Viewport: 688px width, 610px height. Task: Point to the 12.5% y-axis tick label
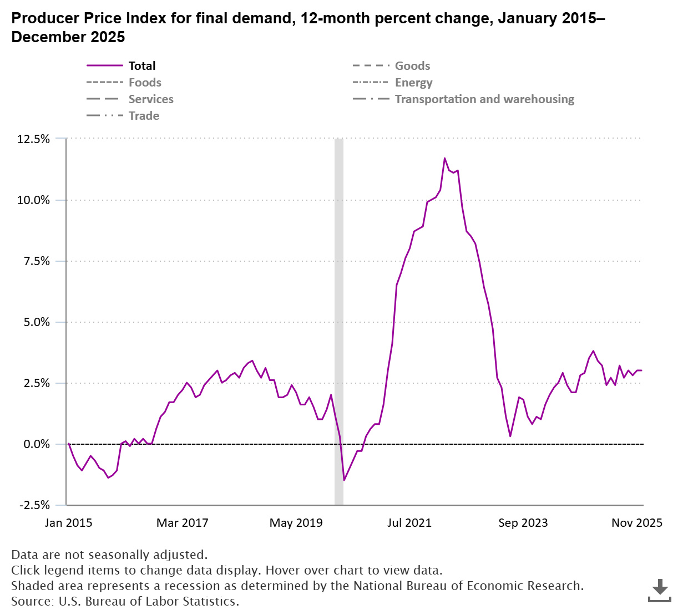pos(34,139)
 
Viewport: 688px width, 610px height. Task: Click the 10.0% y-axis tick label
pos(34,200)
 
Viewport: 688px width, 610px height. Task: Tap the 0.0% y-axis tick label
pos(37,444)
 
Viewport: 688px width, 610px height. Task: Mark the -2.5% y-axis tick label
pos(34,505)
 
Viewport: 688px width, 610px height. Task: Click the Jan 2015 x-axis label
pos(69,523)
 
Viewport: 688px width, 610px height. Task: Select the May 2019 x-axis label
pos(296,523)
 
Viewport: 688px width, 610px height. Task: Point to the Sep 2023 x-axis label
pos(523,523)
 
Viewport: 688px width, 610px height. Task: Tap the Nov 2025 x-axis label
pos(636,523)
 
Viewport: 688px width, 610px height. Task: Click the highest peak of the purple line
pos(444,159)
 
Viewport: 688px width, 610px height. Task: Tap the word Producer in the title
pos(45,18)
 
